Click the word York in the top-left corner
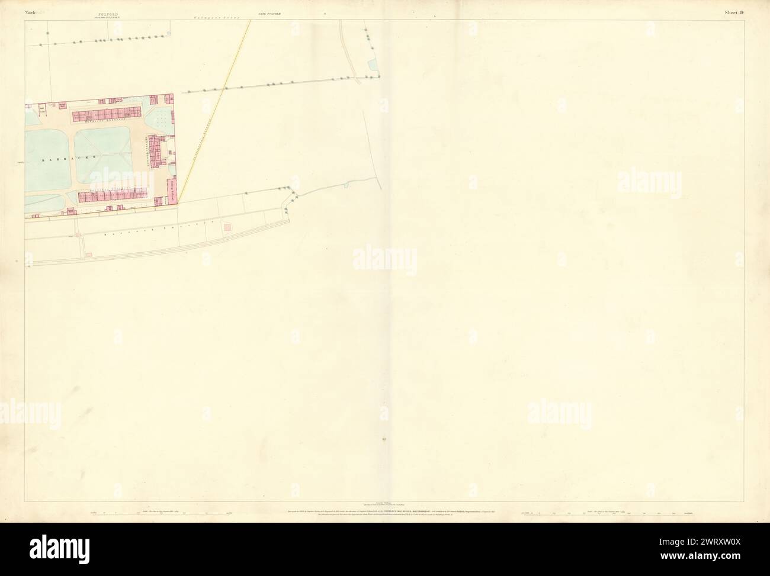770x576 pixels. pyautogui.click(x=31, y=12)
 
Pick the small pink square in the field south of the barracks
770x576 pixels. pyautogui.click(x=227, y=227)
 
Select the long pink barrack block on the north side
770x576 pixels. pyautogui.click(x=108, y=113)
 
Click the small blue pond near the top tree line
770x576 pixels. pyautogui.click(x=373, y=63)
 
